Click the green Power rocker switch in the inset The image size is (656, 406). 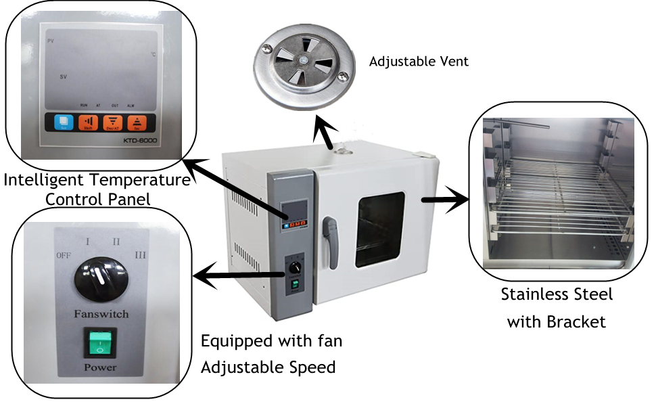click(99, 343)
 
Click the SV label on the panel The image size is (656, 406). click(63, 77)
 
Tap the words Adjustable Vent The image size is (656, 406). click(419, 62)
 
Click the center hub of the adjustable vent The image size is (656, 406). click(304, 62)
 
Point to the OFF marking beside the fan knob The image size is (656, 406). click(65, 255)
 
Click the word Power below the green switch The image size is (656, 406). click(99, 367)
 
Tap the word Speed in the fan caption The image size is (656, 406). click(313, 367)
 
